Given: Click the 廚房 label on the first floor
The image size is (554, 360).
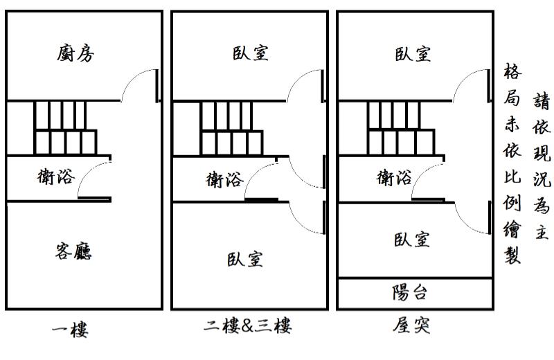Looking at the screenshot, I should point(75,53).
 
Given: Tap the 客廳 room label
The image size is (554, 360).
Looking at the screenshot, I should point(73,251).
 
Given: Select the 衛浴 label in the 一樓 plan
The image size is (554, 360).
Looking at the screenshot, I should point(55,177).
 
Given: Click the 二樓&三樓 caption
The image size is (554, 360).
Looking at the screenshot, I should point(247,325).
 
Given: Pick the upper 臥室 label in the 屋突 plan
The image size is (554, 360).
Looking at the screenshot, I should point(413,53).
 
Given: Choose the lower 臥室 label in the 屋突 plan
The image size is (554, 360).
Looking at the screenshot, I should point(412,240).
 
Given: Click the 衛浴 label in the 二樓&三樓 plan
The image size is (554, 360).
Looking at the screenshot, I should point(225,180).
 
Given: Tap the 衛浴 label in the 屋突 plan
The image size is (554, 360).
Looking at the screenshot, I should point(394,178).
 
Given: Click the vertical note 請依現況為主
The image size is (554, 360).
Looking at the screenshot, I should point(541,166).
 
